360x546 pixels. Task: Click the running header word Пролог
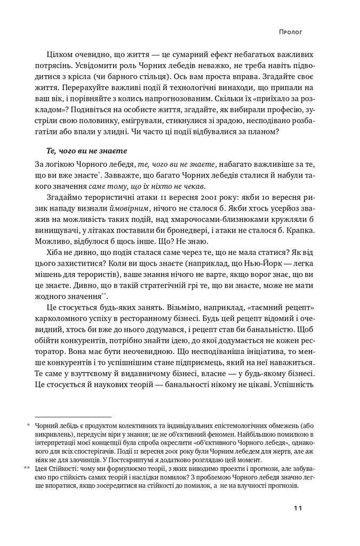291,32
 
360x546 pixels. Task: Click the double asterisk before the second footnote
27,468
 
